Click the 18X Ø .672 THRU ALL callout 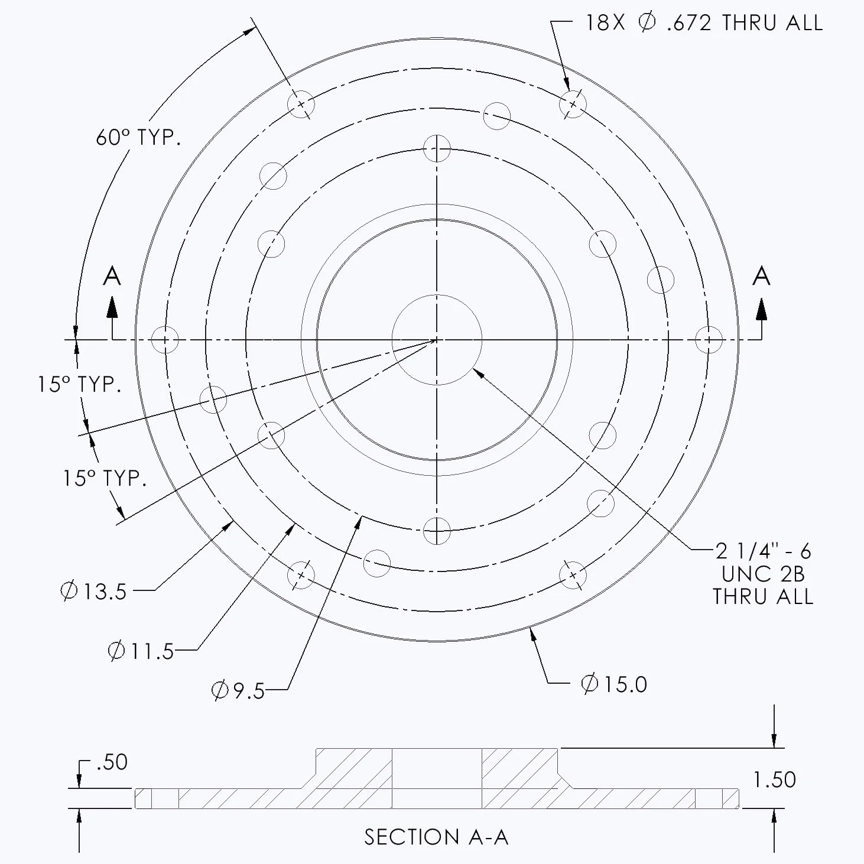[x=703, y=23]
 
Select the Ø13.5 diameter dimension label [x=94, y=591]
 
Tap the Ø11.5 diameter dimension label [x=141, y=651]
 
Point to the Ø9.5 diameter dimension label [x=239, y=690]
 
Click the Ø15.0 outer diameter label [x=614, y=684]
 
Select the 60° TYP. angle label [x=138, y=138]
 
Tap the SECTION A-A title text [x=436, y=837]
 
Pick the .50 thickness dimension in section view [x=111, y=762]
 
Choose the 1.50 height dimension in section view [x=774, y=780]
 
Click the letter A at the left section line [x=112, y=276]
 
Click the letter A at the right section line [x=761, y=276]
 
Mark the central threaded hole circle [x=437, y=340]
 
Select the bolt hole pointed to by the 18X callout [x=573, y=104]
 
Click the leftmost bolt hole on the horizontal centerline [x=165, y=340]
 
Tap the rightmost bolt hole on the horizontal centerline [x=708, y=340]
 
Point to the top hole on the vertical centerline [x=437, y=148]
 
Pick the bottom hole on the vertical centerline [x=437, y=531]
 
